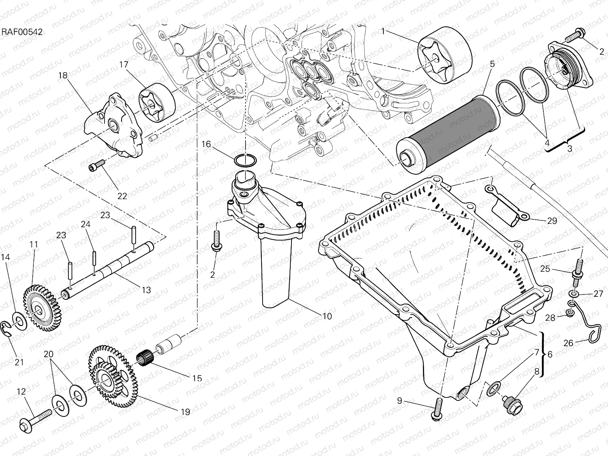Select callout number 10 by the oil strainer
[x=327, y=316]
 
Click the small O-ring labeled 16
[x=245, y=160]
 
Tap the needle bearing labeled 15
[x=144, y=359]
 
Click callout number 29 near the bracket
[x=552, y=221]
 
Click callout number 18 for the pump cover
[x=63, y=76]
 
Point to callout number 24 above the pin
[x=85, y=225]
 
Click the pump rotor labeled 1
[x=445, y=57]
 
